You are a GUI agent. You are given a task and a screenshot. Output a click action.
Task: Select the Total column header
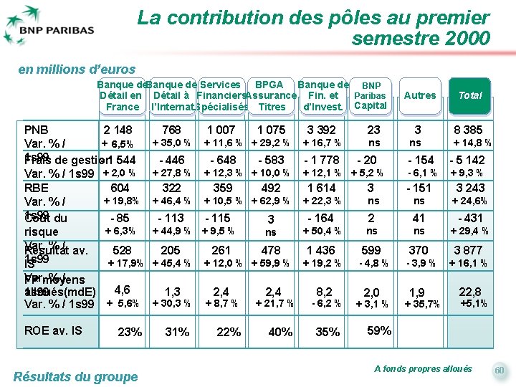point(470,95)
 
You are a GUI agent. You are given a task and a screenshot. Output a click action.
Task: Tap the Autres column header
point(420,95)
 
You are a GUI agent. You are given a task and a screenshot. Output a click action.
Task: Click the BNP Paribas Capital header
point(371,95)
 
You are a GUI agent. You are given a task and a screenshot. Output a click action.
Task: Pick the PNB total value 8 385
point(468,130)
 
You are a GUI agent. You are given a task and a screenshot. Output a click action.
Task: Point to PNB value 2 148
point(118,130)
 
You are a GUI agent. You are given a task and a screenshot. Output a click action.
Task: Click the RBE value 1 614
point(321,188)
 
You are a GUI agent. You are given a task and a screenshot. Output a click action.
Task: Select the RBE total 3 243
point(470,188)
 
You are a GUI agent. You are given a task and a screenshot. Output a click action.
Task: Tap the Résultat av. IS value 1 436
point(321,250)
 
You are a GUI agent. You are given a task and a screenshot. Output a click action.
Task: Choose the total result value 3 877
point(468,250)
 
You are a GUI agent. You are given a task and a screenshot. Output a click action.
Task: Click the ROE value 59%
point(378,331)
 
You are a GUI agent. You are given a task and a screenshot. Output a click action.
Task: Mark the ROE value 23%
point(130,332)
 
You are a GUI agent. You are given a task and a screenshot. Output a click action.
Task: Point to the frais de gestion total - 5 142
point(467,160)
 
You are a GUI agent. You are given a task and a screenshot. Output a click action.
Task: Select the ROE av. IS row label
point(54,330)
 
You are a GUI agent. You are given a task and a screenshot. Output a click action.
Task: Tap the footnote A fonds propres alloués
point(423,368)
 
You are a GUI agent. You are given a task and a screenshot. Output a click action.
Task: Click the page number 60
point(500,370)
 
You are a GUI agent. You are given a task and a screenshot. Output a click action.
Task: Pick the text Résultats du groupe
point(75,377)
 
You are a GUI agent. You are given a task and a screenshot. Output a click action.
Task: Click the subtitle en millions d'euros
point(77,70)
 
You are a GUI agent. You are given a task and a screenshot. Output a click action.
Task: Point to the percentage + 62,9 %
point(271,201)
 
